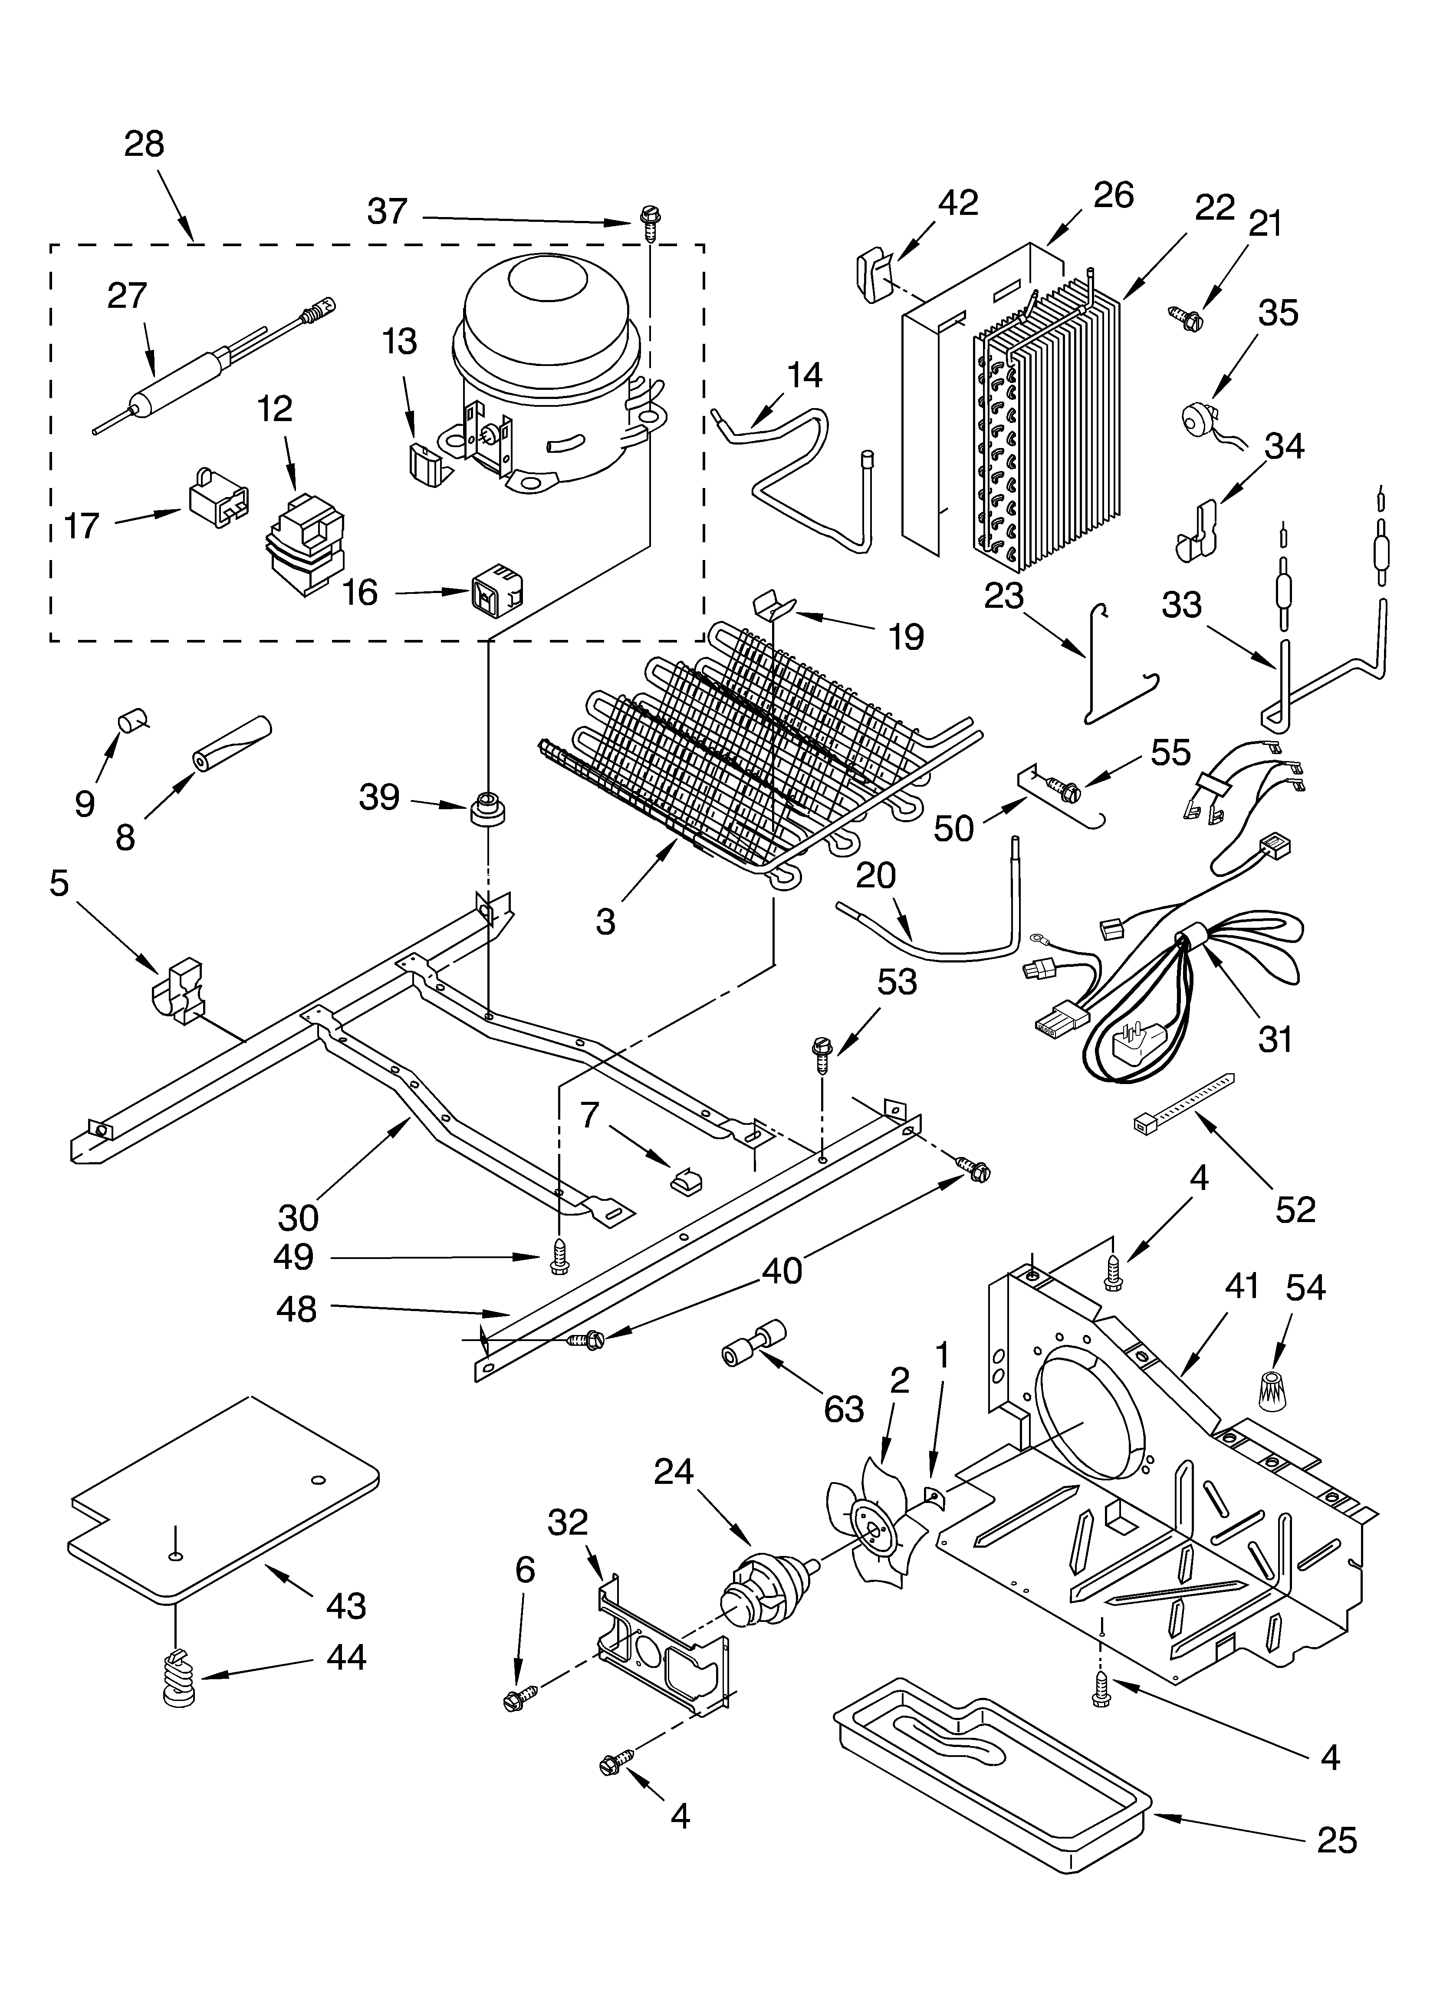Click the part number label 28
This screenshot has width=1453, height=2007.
pos(144,143)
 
